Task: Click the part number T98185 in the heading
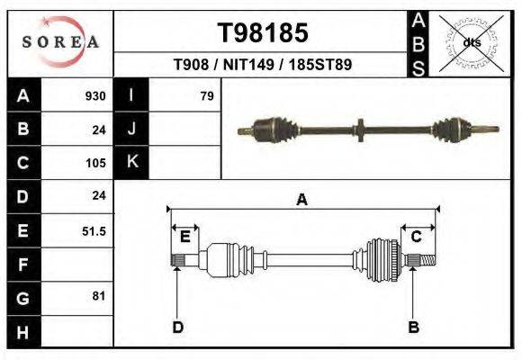click(263, 33)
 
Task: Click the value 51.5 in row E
click(94, 231)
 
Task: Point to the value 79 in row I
click(206, 96)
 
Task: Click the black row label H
click(22, 331)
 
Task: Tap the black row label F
click(22, 265)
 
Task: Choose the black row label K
click(131, 163)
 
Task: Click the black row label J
click(131, 130)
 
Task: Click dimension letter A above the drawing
click(301, 201)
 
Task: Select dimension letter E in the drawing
click(184, 237)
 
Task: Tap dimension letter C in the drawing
click(417, 237)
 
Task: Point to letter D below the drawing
click(177, 327)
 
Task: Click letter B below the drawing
click(414, 327)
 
